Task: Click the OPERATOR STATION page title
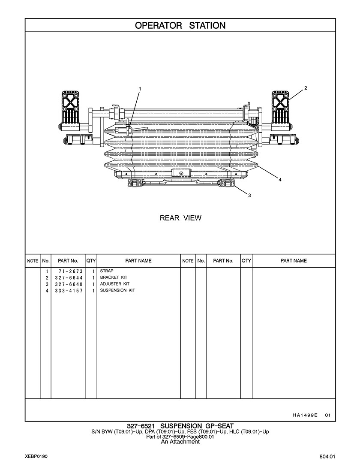tap(180, 25)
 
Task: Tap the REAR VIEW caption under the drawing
tap(180, 218)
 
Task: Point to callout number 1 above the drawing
tap(139, 89)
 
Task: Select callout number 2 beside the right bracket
tap(306, 88)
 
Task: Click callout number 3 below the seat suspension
tap(249, 196)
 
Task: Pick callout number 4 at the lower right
tap(280, 180)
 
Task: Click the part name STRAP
tap(107, 271)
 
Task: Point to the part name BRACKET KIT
tap(114, 277)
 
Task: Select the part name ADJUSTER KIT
tap(114, 284)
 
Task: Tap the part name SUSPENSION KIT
tap(117, 290)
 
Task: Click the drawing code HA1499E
tap(305, 415)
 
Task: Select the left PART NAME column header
tap(138, 261)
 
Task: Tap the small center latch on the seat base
tap(180, 172)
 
